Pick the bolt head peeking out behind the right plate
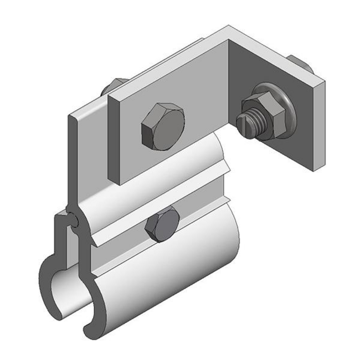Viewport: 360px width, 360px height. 304,66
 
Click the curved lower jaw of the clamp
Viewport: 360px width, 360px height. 166,277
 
